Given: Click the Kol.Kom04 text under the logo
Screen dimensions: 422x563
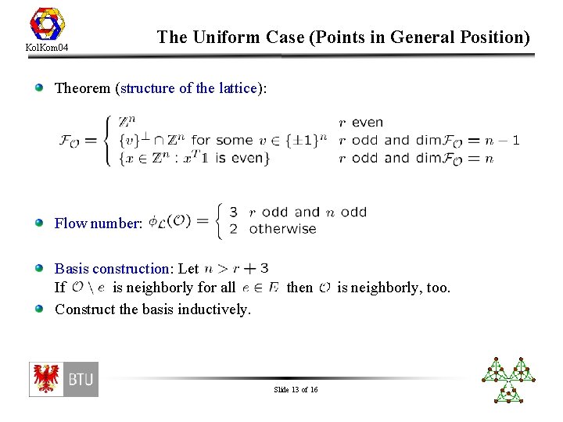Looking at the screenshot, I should tap(46, 49).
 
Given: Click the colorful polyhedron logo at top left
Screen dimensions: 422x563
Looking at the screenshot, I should tap(46, 23).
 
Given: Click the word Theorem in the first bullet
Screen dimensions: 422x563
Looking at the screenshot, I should tap(83, 88).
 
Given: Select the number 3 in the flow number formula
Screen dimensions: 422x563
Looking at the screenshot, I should tap(233, 212).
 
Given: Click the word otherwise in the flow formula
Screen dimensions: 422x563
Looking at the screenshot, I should tap(282, 229).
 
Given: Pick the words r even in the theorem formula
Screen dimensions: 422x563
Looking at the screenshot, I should tap(360, 122).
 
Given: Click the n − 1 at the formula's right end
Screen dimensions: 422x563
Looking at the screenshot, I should tap(502, 141).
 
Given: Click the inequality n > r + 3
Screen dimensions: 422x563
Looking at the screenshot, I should tap(235, 269).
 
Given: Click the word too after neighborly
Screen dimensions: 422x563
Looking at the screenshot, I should tap(438, 288).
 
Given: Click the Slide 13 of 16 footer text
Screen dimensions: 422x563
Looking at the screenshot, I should tap(296, 389).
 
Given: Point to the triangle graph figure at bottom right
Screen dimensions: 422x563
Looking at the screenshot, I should tap(508, 379).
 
